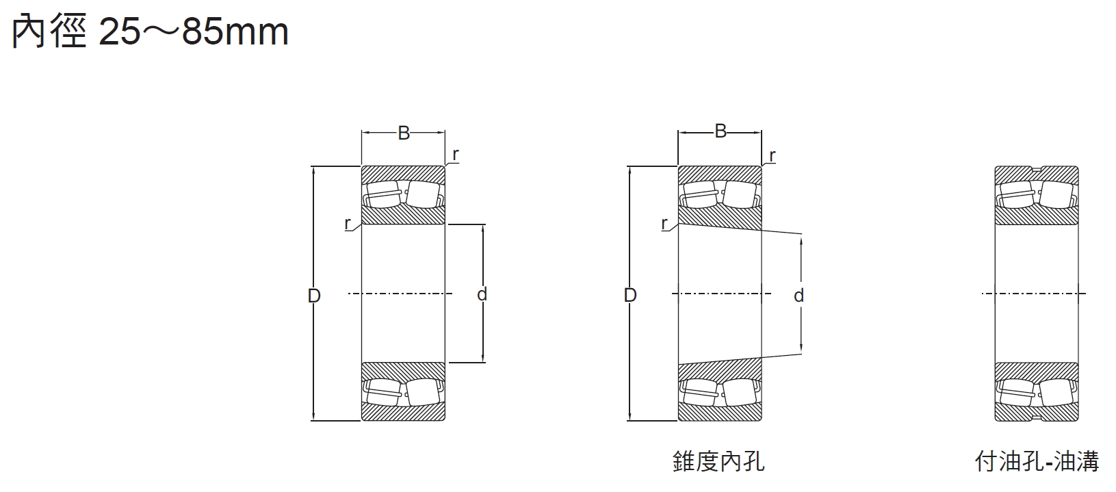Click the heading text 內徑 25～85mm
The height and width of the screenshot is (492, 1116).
tap(151, 32)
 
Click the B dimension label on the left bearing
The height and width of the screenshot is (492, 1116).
tap(404, 133)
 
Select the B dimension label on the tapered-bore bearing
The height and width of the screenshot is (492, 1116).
tap(721, 131)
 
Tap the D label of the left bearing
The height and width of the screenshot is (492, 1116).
tap(314, 296)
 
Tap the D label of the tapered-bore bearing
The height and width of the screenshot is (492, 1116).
tap(630, 295)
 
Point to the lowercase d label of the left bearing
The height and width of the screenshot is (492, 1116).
tap(482, 294)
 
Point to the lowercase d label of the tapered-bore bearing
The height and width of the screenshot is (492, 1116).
tap(799, 296)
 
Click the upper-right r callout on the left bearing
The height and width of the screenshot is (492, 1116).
tap(456, 155)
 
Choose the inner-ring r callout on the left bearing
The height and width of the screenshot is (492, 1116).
tap(348, 223)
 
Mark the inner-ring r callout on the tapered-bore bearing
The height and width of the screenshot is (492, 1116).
tap(664, 223)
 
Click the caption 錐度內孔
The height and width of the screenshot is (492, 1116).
tap(718, 462)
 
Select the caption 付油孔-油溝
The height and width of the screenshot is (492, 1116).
tap(1037, 462)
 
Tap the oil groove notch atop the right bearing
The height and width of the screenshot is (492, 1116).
tap(1037, 169)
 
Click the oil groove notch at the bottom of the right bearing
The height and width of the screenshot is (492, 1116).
tap(1037, 418)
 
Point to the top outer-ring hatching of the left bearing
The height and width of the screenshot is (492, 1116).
tap(404, 173)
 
